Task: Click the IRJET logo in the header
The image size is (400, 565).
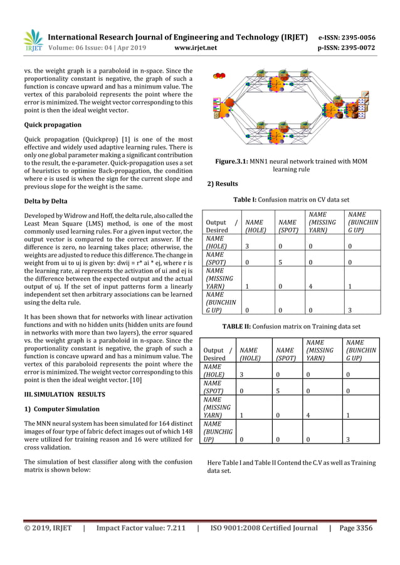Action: click(33, 40)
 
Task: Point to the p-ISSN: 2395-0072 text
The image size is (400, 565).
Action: click(346, 48)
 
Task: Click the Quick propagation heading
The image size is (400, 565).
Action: click(53, 124)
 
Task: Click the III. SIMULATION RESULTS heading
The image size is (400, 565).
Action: click(65, 394)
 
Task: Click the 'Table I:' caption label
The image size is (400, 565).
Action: click(249, 200)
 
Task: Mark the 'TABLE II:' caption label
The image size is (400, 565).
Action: click(244, 326)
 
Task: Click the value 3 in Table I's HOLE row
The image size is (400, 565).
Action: click(247, 247)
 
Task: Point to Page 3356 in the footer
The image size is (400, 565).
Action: click(356, 528)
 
